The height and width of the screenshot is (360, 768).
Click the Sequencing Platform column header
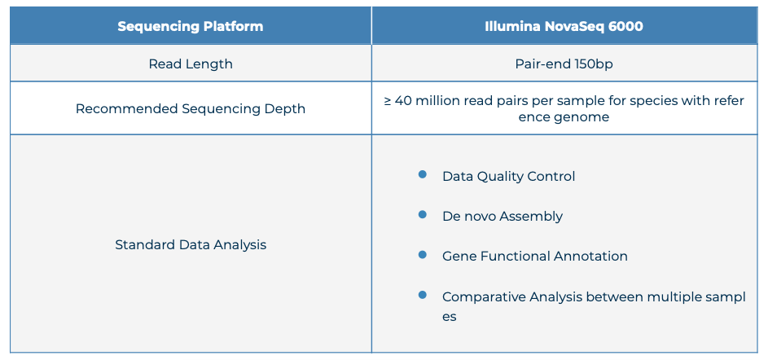point(190,26)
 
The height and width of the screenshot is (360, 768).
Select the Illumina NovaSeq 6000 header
point(564,26)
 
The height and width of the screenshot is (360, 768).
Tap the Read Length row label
point(191,64)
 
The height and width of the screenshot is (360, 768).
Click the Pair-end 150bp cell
point(564,64)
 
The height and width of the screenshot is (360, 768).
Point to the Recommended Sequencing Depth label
point(191,108)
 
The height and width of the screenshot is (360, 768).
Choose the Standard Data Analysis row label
point(191,244)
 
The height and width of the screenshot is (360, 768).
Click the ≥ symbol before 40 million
point(387,101)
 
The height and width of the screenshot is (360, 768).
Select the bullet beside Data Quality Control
point(422,174)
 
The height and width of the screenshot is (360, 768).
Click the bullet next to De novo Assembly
point(422,214)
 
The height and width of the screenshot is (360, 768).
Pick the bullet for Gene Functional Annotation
point(422,255)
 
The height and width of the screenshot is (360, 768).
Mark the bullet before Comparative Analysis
point(422,295)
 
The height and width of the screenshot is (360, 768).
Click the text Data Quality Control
point(508,176)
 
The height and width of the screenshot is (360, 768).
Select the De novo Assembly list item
point(502,217)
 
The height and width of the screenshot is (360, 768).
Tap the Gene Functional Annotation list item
point(535,257)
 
